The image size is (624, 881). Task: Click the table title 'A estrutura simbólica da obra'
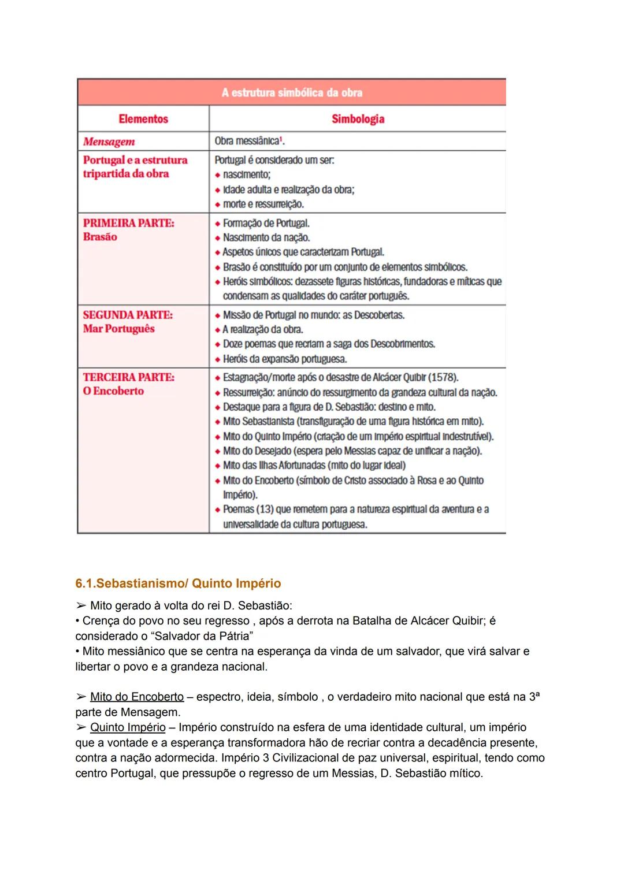292,92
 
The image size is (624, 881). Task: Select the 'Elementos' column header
143,119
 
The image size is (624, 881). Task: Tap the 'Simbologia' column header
358,119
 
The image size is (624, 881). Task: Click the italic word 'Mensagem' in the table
109,142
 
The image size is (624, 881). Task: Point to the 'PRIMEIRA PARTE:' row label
128,223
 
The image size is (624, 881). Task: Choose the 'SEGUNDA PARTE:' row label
128,315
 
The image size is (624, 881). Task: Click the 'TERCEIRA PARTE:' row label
128,377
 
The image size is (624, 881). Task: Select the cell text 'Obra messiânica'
247,141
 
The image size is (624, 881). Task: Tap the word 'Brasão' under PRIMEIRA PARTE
100,237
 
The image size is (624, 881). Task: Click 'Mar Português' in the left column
118,329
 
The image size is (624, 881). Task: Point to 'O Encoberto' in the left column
113,391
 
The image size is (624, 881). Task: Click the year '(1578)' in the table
443,378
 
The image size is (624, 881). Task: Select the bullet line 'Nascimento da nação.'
266,237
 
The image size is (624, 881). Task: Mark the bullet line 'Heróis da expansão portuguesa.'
284,359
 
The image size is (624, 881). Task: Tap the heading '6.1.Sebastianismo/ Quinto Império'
178,583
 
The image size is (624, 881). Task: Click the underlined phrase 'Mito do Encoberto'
137,697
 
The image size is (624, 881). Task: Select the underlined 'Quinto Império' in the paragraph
128,727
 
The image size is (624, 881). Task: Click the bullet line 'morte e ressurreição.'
263,204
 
